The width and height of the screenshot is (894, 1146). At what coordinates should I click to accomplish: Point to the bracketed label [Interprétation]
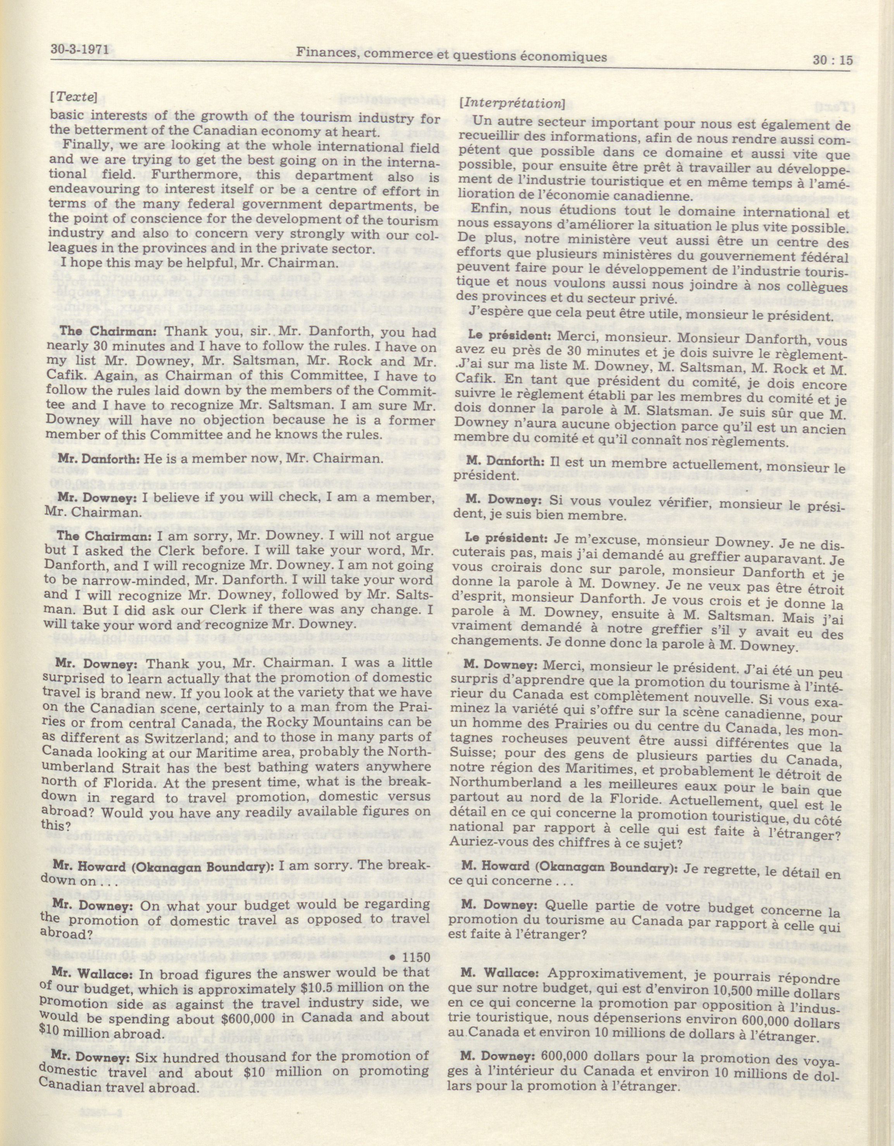click(x=509, y=103)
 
